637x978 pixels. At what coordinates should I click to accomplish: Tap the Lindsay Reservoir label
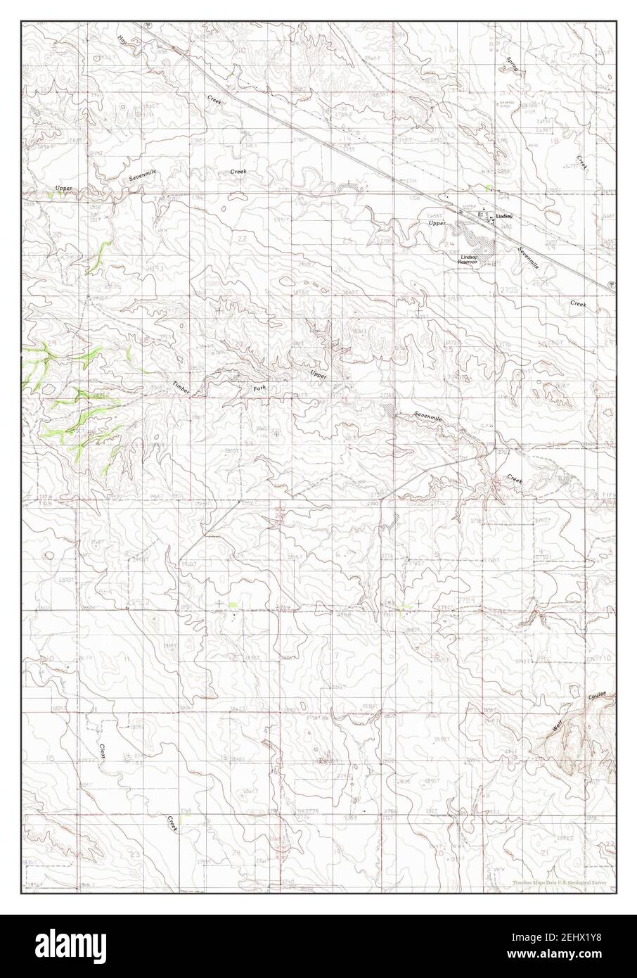pyautogui.click(x=470, y=260)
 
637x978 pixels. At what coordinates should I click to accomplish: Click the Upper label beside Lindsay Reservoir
pyautogui.click(x=437, y=222)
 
